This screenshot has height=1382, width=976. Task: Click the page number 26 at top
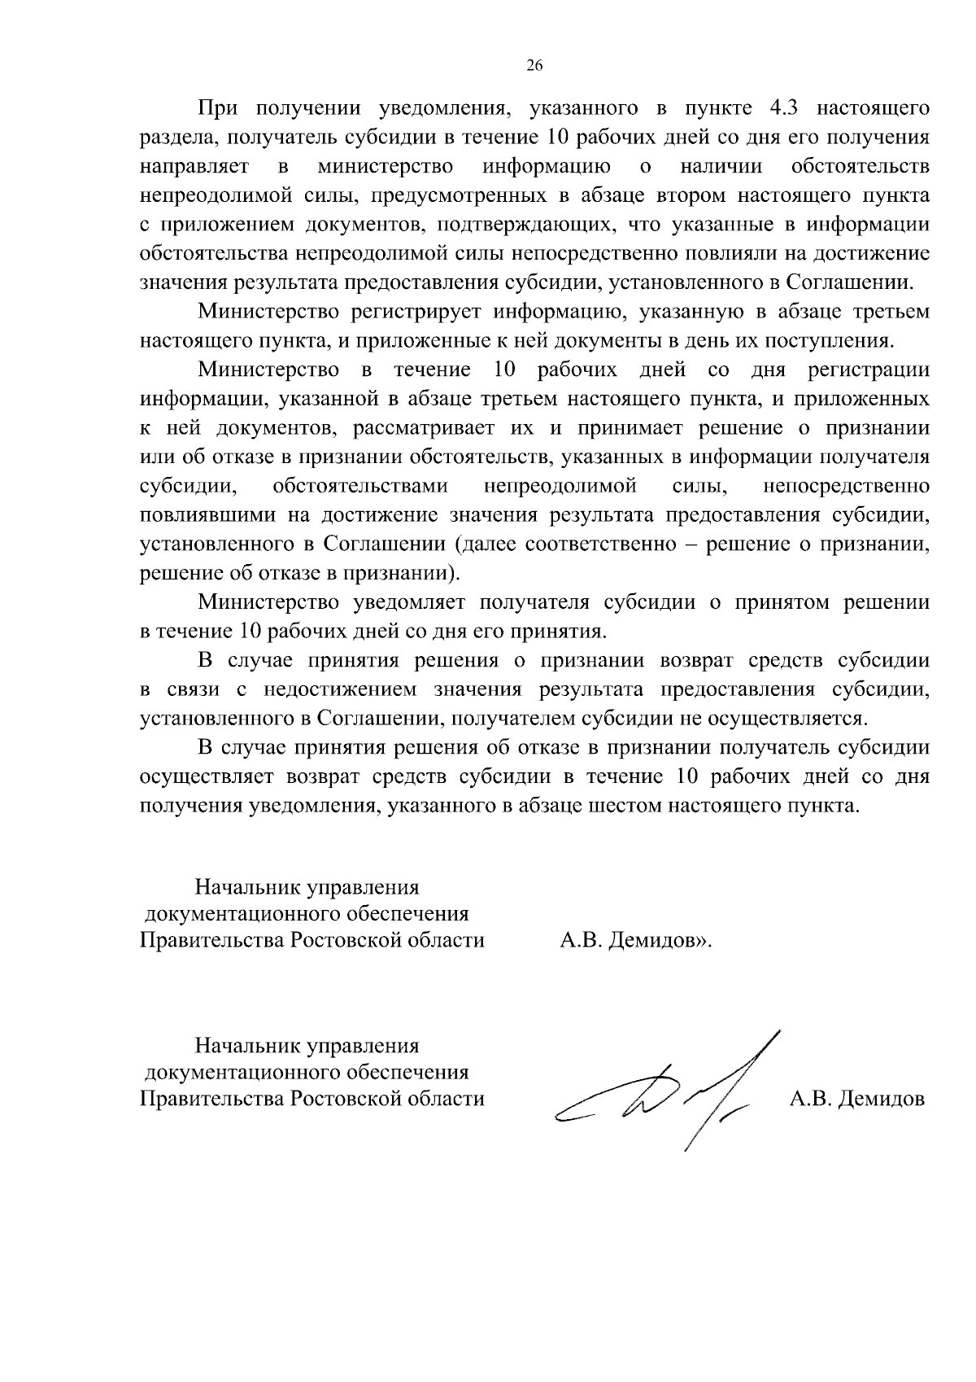click(x=534, y=67)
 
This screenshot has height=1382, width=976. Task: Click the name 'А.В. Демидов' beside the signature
click(x=857, y=1100)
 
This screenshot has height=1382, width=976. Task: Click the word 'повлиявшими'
click(x=208, y=516)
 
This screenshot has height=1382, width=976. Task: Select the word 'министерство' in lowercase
click(x=386, y=167)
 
